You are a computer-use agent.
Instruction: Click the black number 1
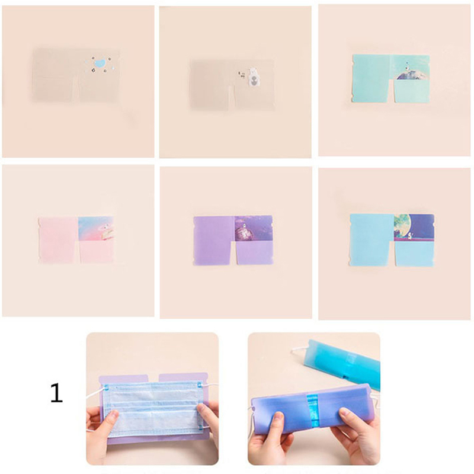click(x=56, y=392)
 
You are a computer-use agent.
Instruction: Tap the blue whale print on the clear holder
click(x=98, y=64)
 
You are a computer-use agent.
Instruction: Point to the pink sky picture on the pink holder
click(x=96, y=228)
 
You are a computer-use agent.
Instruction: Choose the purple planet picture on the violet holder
click(x=254, y=229)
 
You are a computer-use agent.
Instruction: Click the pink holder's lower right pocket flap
click(x=97, y=251)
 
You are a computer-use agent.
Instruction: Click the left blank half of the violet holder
click(x=214, y=240)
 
